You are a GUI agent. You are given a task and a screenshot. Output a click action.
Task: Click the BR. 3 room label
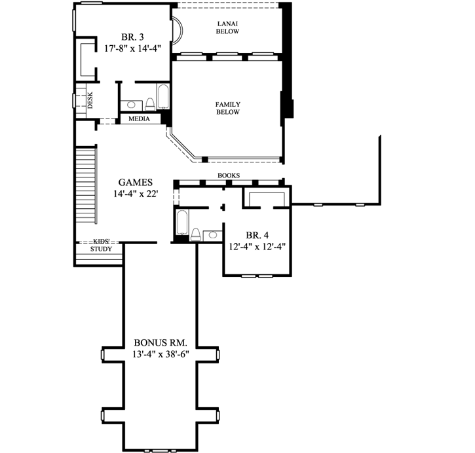tap(128, 37)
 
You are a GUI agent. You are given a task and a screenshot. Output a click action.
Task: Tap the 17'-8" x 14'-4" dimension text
tap(128, 48)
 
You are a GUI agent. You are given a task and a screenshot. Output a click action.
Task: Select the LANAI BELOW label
tap(227, 27)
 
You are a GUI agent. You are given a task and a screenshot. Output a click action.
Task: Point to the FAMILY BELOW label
tap(227, 108)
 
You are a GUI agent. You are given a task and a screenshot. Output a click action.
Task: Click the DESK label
tap(90, 100)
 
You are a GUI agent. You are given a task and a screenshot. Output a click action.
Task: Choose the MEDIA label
tap(139, 119)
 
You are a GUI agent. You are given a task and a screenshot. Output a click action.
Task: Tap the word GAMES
tap(136, 182)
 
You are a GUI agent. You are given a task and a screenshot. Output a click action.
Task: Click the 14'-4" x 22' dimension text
tap(136, 194)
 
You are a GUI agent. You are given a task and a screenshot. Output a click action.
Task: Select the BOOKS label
tap(229, 175)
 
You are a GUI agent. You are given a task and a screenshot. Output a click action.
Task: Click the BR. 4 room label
tap(256, 234)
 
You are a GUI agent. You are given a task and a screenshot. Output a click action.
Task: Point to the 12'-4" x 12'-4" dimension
tap(256, 246)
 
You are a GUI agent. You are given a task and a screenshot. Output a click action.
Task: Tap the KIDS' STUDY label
tap(101, 245)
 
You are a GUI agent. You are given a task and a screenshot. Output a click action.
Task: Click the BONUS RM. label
tap(161, 342)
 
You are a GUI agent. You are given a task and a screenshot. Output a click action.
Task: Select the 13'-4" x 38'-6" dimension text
tap(161, 354)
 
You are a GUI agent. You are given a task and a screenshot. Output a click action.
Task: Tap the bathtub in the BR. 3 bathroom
tap(162, 97)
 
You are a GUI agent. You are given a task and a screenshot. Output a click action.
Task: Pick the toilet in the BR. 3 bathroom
tap(149, 103)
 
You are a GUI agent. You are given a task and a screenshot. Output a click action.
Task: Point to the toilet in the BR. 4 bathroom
tap(196, 234)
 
